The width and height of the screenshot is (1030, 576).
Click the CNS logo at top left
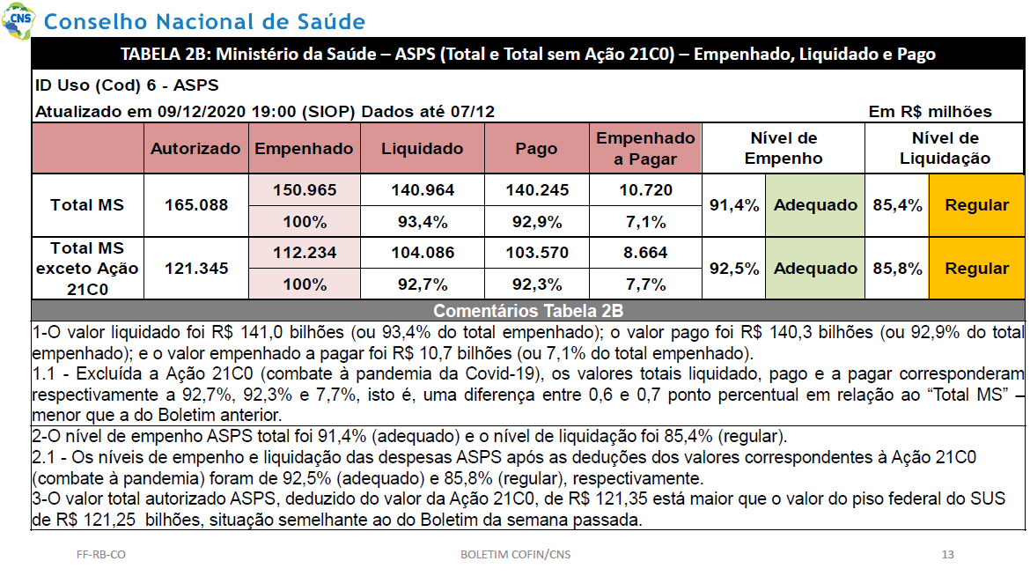coord(18,21)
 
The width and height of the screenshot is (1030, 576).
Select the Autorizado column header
coord(195,149)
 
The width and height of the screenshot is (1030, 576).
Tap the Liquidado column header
coord(423,149)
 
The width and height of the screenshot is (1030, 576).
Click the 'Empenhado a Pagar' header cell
coord(645,149)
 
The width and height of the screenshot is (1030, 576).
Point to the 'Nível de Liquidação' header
coord(945,148)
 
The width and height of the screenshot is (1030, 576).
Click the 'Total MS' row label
coord(87,205)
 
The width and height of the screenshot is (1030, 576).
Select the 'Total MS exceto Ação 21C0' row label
coord(87,269)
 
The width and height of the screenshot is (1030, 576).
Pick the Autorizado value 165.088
coord(195,205)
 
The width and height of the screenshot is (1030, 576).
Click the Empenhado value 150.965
coord(305,190)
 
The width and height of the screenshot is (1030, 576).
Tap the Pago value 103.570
coord(537,253)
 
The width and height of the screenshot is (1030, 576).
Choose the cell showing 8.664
coord(645,253)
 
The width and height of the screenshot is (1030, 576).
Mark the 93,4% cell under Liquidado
coord(423,222)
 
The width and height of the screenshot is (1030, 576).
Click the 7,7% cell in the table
coord(645,284)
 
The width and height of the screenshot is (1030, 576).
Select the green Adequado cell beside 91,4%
coord(815,205)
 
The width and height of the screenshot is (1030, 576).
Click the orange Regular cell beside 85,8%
coord(976,269)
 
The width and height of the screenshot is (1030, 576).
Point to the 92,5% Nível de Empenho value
coord(733,269)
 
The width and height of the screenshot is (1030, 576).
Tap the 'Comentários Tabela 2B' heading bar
coord(528,310)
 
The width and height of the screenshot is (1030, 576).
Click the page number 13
coord(947,554)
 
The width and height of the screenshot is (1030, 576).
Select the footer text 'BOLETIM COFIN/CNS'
coord(515,554)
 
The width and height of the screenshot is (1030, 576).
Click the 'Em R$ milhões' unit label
coord(930,112)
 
